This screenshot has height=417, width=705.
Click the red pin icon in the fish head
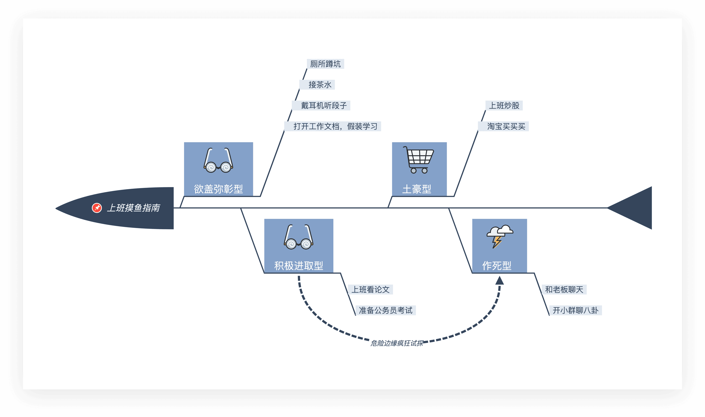click(x=97, y=208)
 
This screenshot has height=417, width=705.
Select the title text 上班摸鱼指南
click(x=133, y=208)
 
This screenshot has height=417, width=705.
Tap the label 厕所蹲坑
click(x=325, y=64)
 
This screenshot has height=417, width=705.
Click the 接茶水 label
click(x=320, y=85)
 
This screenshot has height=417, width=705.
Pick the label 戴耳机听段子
click(x=324, y=106)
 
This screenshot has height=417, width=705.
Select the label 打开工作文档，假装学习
click(x=335, y=126)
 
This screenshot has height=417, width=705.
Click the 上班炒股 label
click(x=504, y=106)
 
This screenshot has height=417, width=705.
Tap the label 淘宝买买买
click(x=506, y=126)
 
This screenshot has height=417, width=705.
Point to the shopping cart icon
click(x=419, y=160)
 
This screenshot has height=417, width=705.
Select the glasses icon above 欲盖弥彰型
click(x=218, y=160)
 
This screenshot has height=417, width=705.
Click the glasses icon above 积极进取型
click(x=299, y=237)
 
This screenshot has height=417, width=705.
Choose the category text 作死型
click(x=497, y=266)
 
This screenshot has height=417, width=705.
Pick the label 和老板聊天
click(x=564, y=290)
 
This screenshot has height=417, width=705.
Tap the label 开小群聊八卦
click(x=576, y=311)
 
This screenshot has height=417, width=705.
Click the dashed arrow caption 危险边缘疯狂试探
click(x=397, y=343)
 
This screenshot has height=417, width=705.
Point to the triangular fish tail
click(x=629, y=208)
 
